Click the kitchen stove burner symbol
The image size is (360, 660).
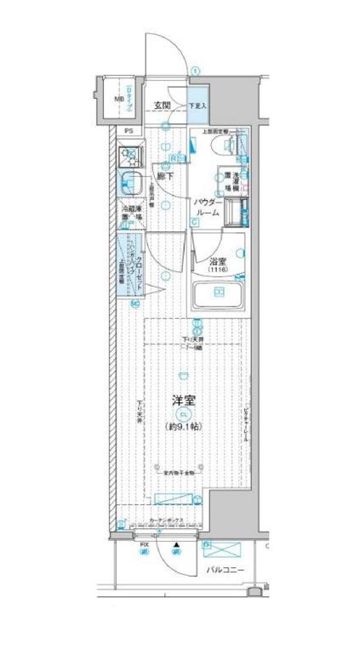130,156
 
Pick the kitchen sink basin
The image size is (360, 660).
130,183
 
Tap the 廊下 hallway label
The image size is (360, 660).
165,176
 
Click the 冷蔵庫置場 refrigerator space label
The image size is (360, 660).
130,213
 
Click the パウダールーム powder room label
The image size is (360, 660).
208,208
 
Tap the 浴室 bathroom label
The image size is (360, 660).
219,261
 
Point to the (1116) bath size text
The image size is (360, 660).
219,271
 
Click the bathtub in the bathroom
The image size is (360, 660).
218,295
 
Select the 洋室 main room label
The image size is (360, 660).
185,399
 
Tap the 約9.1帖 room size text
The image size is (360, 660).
185,426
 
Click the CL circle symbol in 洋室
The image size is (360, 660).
184,413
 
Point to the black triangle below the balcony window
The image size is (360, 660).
176,543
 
